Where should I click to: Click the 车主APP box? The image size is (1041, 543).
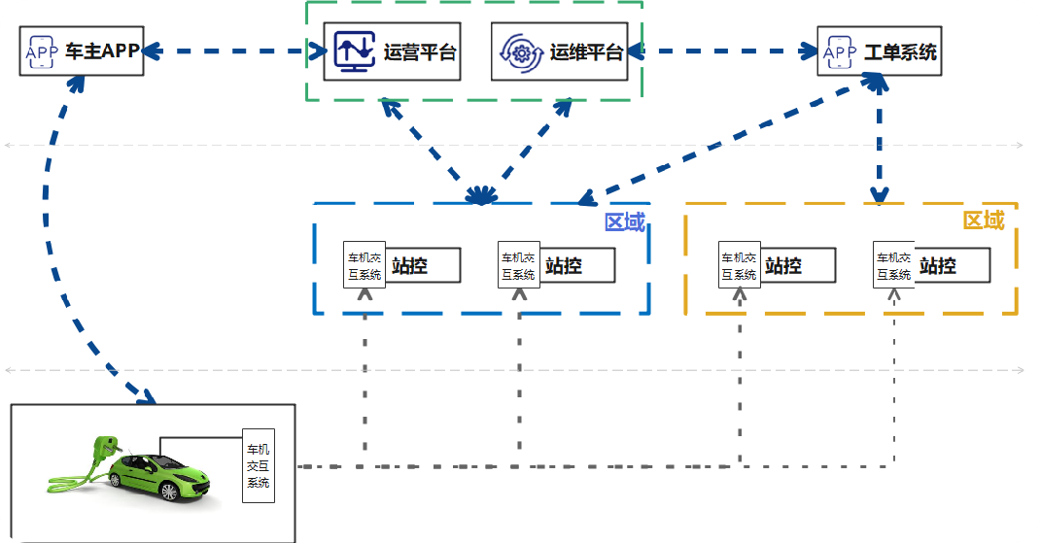click(82, 51)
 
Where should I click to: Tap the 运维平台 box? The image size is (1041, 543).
click(558, 52)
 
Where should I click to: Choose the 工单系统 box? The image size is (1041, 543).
click(880, 51)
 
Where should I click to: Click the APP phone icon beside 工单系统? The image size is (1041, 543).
click(839, 51)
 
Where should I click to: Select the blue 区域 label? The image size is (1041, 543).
click(624, 222)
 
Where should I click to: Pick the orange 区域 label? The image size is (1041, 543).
click(983, 221)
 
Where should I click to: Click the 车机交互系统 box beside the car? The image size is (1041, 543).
click(259, 466)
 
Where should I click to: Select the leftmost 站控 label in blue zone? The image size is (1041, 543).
click(410, 265)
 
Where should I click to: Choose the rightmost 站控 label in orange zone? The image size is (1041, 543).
click(938, 265)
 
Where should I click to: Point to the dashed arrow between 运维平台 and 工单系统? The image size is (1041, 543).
click(721, 49)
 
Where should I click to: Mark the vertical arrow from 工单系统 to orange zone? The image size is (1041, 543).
click(879, 146)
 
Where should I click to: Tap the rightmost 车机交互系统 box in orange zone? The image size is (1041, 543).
click(893, 265)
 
